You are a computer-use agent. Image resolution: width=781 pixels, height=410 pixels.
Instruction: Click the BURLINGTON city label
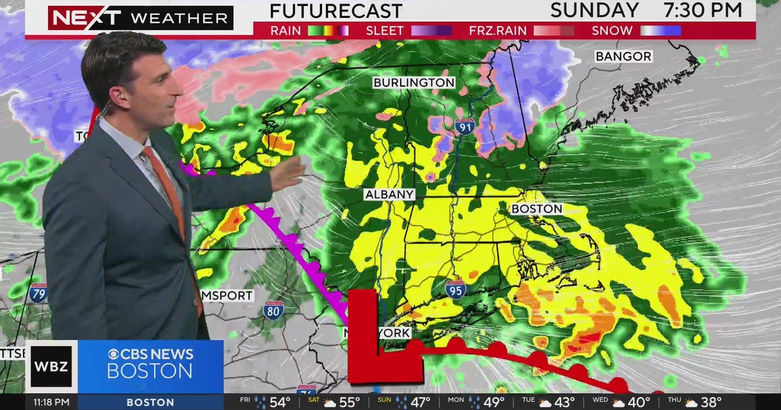click(x=414, y=83)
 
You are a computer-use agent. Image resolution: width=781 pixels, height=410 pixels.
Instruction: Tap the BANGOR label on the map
click(x=623, y=57)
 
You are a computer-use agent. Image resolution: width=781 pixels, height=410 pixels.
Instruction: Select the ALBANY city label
click(x=389, y=195)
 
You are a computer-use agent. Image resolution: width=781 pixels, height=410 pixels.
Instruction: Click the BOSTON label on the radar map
click(x=537, y=209)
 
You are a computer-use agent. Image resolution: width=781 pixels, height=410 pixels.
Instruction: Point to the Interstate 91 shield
click(x=465, y=127)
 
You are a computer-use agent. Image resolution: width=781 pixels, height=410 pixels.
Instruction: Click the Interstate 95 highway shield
click(x=456, y=288)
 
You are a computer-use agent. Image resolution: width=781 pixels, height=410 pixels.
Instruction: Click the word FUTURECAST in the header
click(x=336, y=10)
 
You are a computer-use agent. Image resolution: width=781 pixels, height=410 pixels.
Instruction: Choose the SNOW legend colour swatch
click(x=661, y=31)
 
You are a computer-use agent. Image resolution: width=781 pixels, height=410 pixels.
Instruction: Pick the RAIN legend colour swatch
click(x=328, y=31)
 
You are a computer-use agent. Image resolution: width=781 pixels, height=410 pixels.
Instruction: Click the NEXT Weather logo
click(x=140, y=18)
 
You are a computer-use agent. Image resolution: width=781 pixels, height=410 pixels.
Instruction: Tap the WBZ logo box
click(x=51, y=366)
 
